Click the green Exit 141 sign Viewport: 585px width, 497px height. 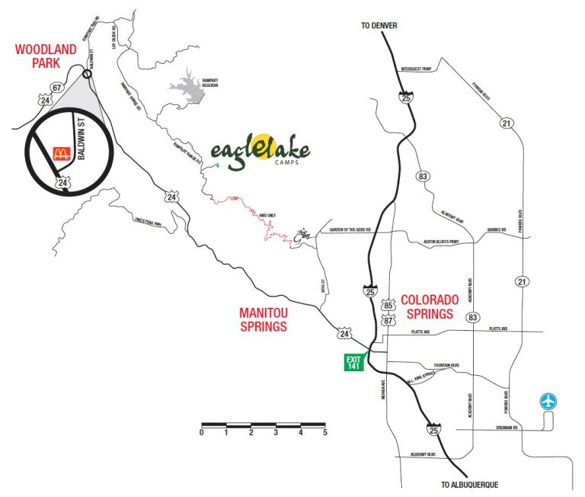click(x=353, y=362)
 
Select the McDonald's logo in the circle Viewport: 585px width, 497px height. click(x=61, y=152)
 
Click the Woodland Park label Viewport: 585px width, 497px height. click(x=46, y=56)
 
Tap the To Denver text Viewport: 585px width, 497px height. click(x=379, y=26)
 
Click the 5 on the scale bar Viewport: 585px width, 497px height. click(x=325, y=432)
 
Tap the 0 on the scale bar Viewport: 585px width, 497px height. click(x=202, y=432)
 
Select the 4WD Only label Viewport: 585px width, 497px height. click(x=267, y=216)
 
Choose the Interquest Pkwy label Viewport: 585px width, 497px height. click(x=416, y=69)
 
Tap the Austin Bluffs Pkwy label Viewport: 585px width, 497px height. click(x=442, y=243)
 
